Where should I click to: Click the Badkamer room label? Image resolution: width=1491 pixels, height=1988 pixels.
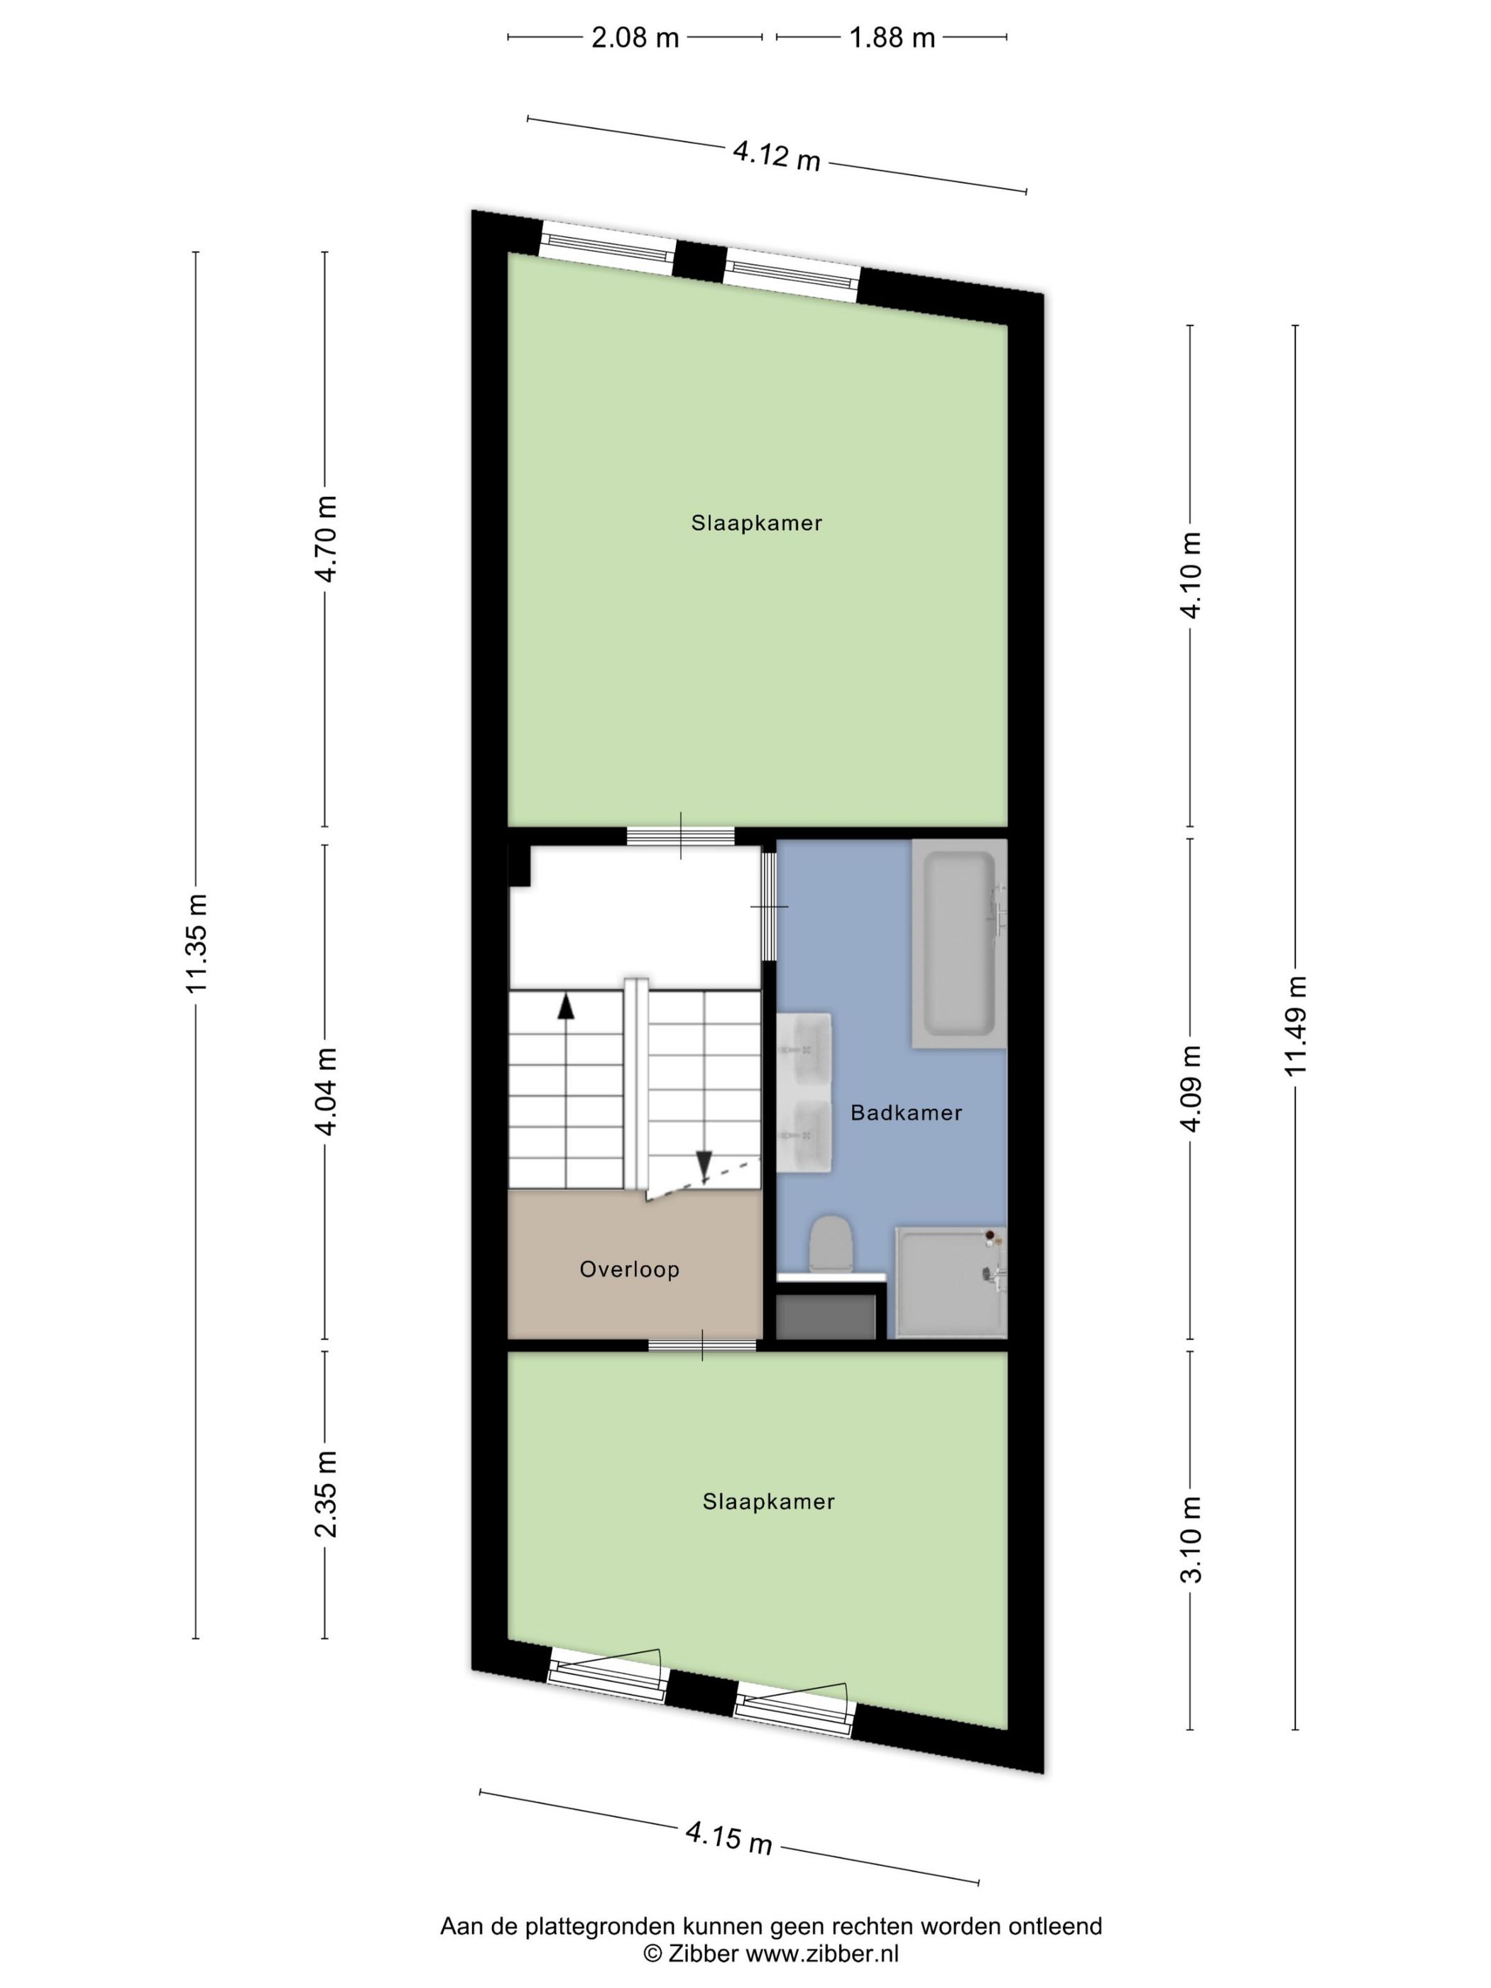pyautogui.click(x=905, y=1113)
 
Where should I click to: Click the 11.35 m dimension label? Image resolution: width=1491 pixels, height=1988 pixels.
pyautogui.click(x=197, y=944)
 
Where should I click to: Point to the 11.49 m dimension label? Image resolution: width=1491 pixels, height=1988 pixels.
pyautogui.click(x=1295, y=1025)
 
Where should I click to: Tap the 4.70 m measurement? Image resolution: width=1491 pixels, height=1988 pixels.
pyautogui.click(x=325, y=538)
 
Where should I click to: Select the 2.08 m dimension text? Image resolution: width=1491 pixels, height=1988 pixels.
pyautogui.click(x=635, y=38)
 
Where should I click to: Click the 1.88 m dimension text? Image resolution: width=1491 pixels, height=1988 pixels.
pyautogui.click(x=892, y=38)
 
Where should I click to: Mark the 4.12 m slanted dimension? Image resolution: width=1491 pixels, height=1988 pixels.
pyautogui.click(x=777, y=155)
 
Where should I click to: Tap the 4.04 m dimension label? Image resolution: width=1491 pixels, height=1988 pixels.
pyautogui.click(x=325, y=1091)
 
